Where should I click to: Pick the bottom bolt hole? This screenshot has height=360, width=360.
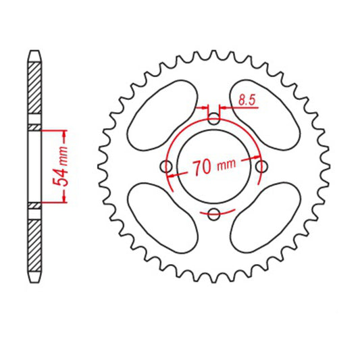tap(214, 215)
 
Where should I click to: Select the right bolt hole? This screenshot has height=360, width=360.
tap(262, 168)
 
